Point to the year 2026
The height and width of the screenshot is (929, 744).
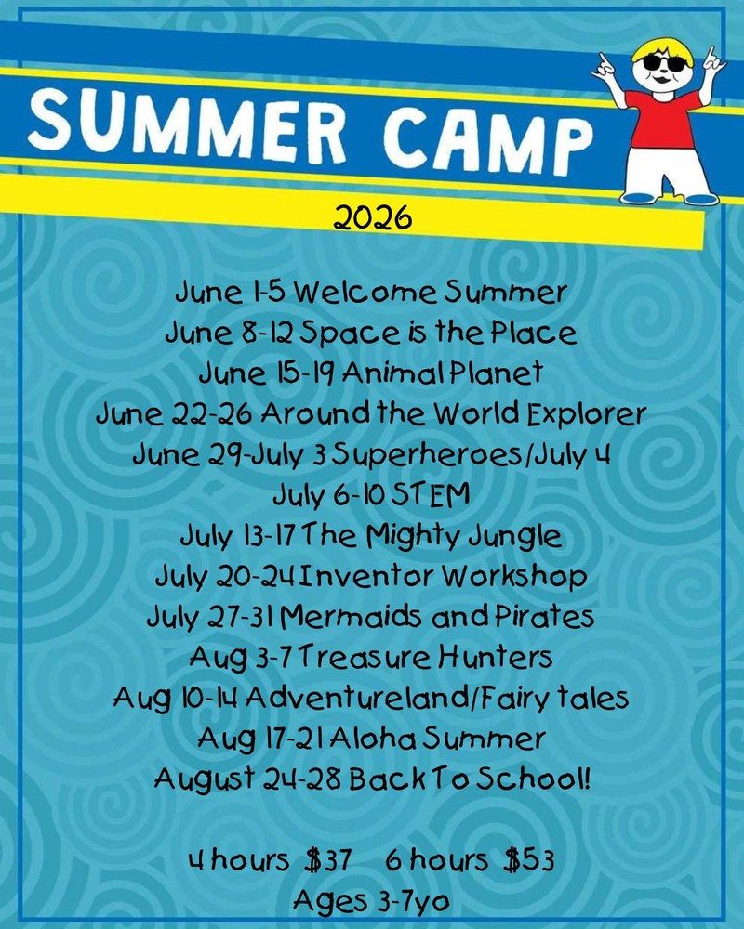pos(372,217)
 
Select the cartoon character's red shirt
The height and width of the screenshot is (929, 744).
pos(664,120)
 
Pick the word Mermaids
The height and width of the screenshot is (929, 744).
pos(350,618)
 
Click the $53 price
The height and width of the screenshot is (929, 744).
pos(529,860)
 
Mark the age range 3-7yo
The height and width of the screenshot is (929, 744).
pos(413,902)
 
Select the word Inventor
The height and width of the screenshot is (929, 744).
pos(368,577)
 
